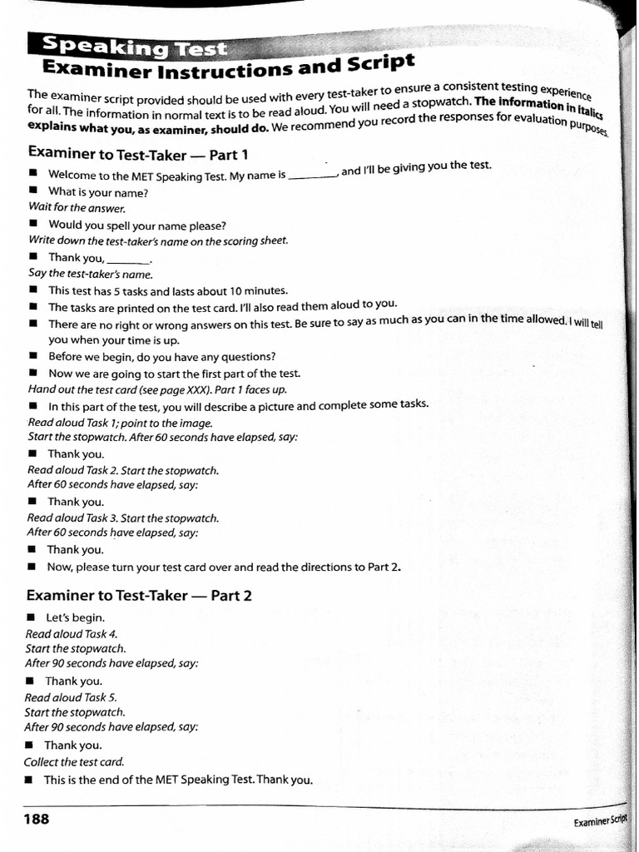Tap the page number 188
coord(37,819)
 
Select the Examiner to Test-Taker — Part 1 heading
coord(138,154)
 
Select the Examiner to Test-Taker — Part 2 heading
coord(138,595)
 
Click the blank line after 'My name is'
coord(312,176)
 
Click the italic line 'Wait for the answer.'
coord(77,208)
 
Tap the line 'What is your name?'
coord(97,192)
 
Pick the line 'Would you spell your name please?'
coord(136,225)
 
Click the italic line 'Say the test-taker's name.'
coord(91,274)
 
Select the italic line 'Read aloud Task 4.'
coord(72,633)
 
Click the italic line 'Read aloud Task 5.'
coord(71,697)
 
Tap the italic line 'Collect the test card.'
coord(74,761)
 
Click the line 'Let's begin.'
coord(75,617)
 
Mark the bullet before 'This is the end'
coord(29,780)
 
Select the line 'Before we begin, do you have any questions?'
coord(161,357)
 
